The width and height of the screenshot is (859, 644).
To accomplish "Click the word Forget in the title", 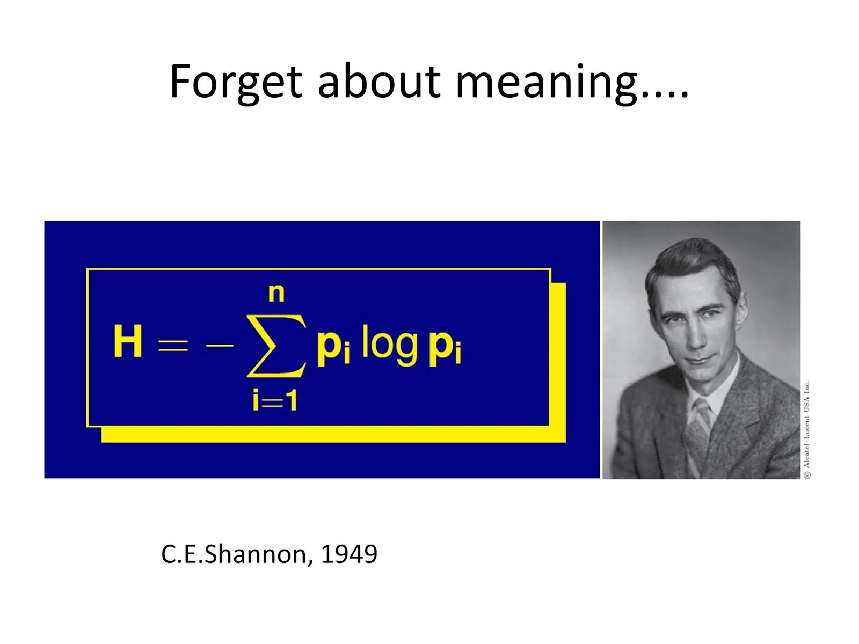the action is (x=236, y=82).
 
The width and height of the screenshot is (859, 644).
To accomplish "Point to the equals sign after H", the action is (x=173, y=345).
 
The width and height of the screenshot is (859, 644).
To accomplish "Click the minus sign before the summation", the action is (x=219, y=345).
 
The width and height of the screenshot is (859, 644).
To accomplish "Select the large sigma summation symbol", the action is (x=276, y=346).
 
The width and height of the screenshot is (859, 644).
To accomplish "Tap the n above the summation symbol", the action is (x=276, y=294).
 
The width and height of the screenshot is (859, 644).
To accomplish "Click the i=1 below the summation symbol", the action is (x=275, y=401).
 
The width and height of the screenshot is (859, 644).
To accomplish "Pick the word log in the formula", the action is (x=390, y=346).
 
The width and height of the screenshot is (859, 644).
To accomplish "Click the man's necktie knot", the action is (x=701, y=409).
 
